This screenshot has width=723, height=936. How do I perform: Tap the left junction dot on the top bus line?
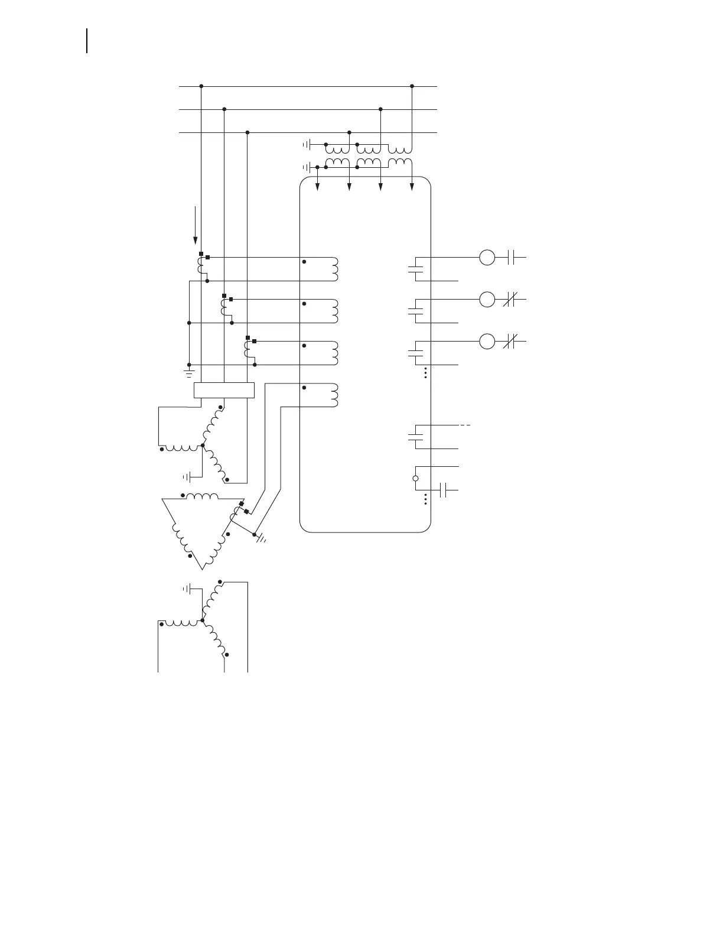pyautogui.click(x=201, y=86)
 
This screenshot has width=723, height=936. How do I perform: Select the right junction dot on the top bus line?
pyautogui.click(x=412, y=86)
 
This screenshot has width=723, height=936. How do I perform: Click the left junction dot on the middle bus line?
pyautogui.click(x=224, y=109)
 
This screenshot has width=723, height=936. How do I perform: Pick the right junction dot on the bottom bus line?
pyautogui.click(x=350, y=132)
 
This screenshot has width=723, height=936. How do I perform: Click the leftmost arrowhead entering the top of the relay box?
pyautogui.click(x=318, y=187)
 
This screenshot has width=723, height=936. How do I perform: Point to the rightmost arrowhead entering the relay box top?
pyautogui.click(x=412, y=187)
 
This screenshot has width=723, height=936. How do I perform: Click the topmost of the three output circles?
pyautogui.click(x=487, y=258)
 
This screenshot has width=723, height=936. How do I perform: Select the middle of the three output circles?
pyautogui.click(x=487, y=300)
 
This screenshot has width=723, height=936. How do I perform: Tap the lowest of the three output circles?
pyautogui.click(x=487, y=342)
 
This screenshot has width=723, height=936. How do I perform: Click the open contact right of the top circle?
pyautogui.click(x=512, y=258)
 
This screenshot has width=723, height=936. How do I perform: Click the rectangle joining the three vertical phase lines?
pyautogui.click(x=224, y=391)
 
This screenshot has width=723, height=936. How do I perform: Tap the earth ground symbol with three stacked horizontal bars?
pyautogui.click(x=189, y=373)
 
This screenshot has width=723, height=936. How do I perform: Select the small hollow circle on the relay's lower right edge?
pyautogui.click(x=415, y=479)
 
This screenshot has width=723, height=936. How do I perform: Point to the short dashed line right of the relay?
pyautogui.click(x=465, y=425)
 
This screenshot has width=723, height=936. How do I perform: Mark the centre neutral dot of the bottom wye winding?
pyautogui.click(x=203, y=620)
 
